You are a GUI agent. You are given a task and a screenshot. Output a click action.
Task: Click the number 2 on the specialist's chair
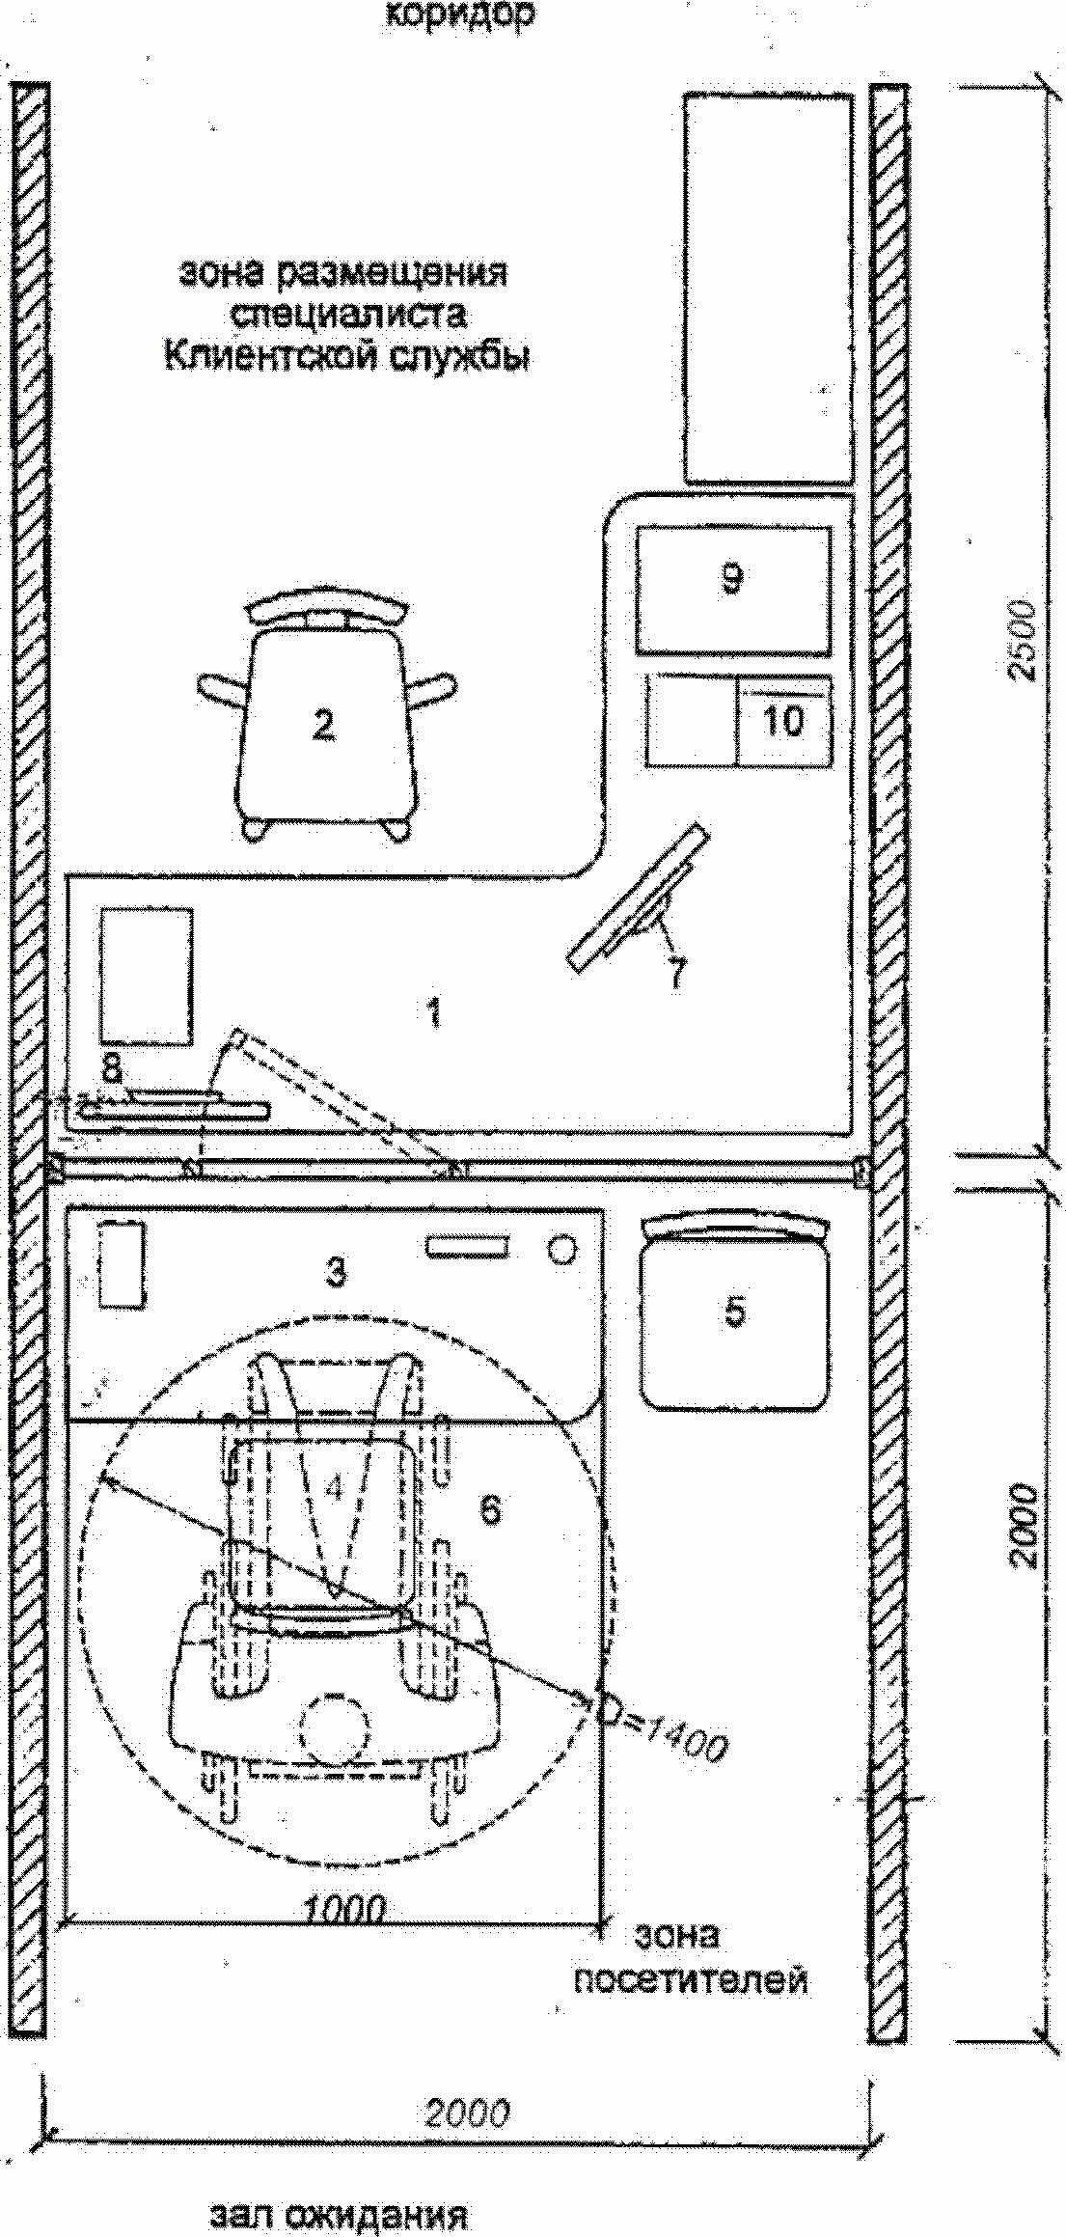323,724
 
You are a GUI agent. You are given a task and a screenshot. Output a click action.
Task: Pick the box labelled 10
782,720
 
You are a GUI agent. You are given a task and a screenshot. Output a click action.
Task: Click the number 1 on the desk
434,1012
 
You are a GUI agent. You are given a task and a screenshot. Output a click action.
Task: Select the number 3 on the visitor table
335,1274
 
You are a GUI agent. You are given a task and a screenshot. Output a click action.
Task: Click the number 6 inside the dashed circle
490,1509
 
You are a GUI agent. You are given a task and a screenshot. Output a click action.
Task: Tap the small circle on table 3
560,1250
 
